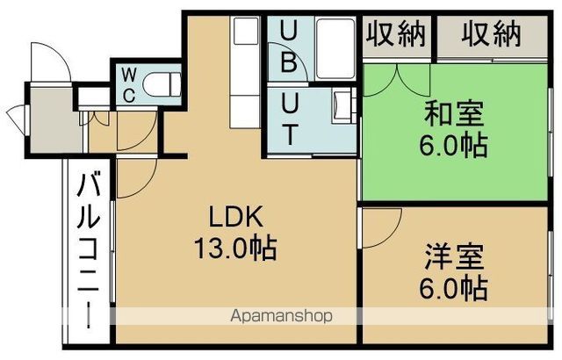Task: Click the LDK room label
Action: (x=235, y=216)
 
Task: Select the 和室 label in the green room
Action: (x=454, y=114)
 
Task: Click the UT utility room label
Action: (x=289, y=120)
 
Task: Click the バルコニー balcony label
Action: (x=88, y=255)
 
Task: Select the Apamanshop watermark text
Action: (x=280, y=316)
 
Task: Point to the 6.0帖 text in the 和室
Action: (x=454, y=145)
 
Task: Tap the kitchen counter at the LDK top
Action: (x=242, y=61)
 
